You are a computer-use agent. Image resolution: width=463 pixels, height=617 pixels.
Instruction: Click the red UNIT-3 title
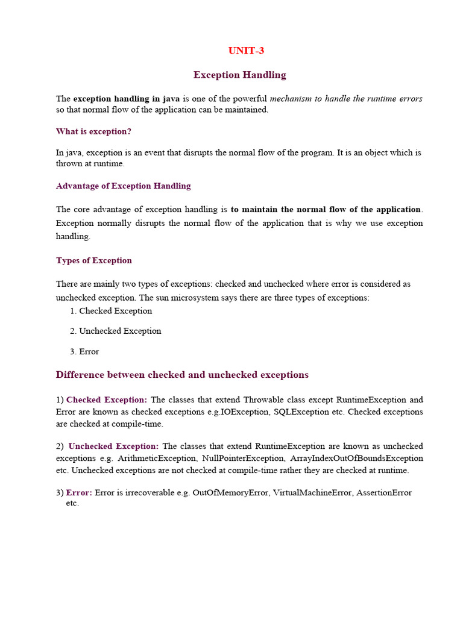[x=246, y=51]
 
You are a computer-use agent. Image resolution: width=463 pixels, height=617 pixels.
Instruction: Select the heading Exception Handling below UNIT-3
[x=240, y=75]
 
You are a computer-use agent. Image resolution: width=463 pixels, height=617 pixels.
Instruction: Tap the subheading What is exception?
[x=93, y=131]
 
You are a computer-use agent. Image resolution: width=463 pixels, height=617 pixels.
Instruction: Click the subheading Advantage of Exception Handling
[x=123, y=186]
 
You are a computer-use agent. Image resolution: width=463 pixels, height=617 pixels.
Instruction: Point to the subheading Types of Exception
[x=93, y=260]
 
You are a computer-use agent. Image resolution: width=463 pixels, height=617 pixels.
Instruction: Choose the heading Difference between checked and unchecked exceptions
[x=182, y=375]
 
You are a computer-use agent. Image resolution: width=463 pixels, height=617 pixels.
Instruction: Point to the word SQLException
[x=300, y=412]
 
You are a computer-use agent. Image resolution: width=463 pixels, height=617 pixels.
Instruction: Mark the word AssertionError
[x=384, y=492]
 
